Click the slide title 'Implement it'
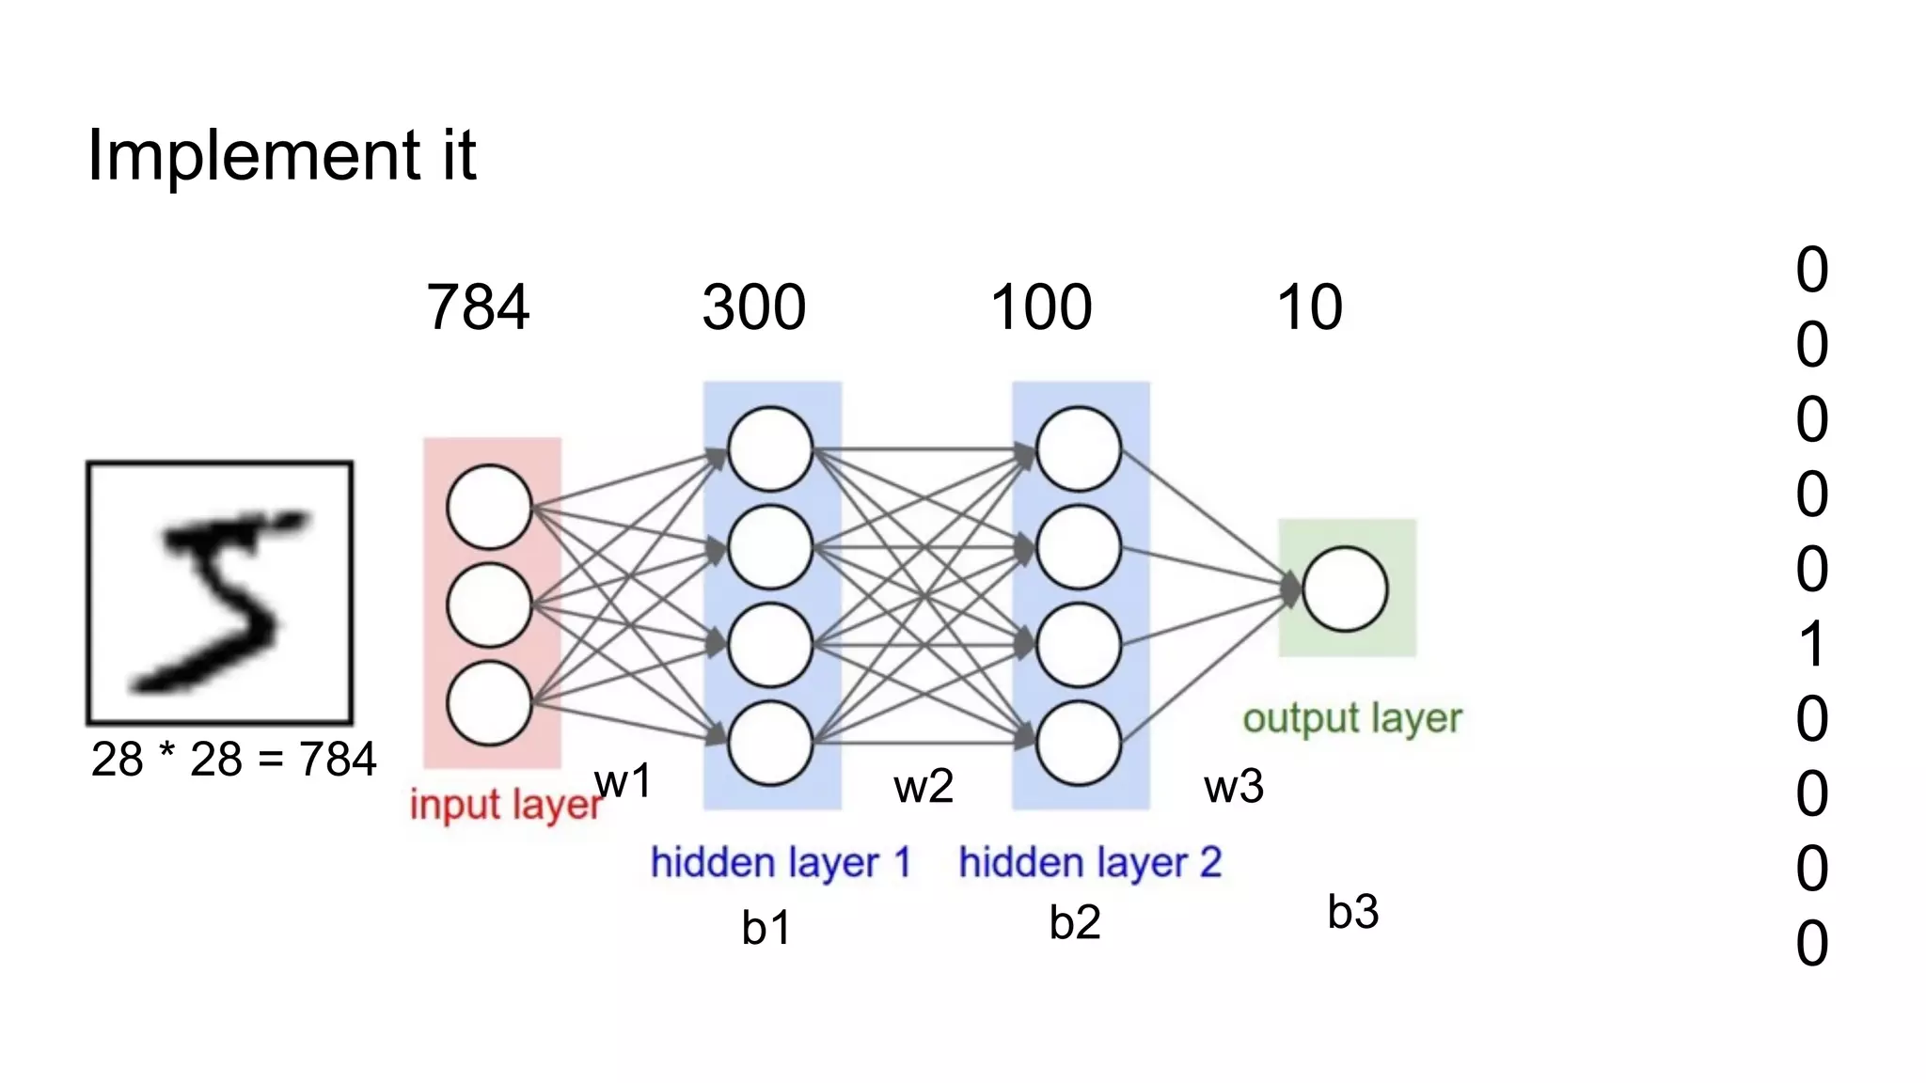[x=281, y=155]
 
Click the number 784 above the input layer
[x=478, y=307]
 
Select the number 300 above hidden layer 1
[x=754, y=307]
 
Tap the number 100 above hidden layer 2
[x=1041, y=307]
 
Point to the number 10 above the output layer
[x=1309, y=307]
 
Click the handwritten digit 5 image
[x=220, y=593]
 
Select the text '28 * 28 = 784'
[x=233, y=760]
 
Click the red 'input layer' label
[x=505, y=805]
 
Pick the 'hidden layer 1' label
[x=781, y=862]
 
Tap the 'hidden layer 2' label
[x=1090, y=862]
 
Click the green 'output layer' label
[x=1351, y=718]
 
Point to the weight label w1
[x=623, y=781]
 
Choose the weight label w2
[x=924, y=786]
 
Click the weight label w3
[x=1234, y=786]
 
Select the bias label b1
[x=766, y=928]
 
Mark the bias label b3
[x=1353, y=912]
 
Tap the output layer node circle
[x=1345, y=589]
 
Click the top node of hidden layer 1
[x=770, y=448]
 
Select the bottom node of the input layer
[x=490, y=703]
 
